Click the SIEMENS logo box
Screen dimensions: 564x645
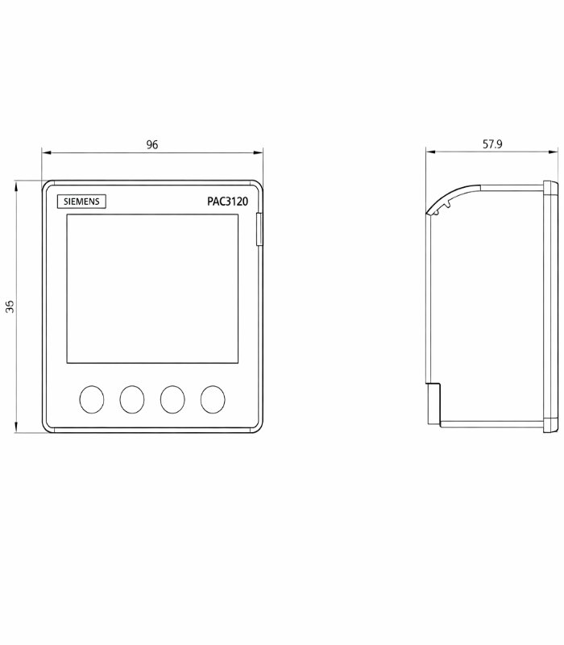coord(81,201)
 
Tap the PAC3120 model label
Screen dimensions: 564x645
coord(227,202)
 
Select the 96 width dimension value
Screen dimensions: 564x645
coord(152,145)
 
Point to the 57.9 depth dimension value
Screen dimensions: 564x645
coord(492,144)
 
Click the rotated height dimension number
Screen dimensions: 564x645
coord(10,306)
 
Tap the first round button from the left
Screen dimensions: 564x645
coord(92,399)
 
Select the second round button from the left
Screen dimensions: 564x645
coord(132,399)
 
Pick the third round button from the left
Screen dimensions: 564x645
coord(172,399)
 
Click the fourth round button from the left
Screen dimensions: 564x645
coord(213,399)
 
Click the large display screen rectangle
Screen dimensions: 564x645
coord(152,289)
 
